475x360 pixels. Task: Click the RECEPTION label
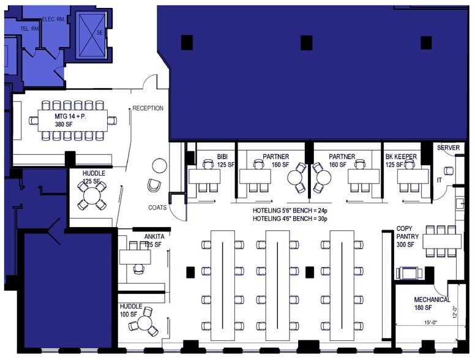(x=148, y=108)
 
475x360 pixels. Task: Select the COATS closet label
(x=157, y=208)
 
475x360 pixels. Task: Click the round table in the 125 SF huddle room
(x=92, y=196)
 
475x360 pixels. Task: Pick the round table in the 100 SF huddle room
(x=146, y=321)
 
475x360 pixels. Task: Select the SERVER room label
(x=448, y=148)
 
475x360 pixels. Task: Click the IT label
(x=439, y=180)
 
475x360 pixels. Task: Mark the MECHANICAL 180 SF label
(x=432, y=303)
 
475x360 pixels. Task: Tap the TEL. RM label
(x=30, y=28)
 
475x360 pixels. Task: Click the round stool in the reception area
(x=159, y=165)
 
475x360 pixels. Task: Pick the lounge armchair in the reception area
(x=154, y=185)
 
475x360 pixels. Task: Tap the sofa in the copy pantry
(x=409, y=272)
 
